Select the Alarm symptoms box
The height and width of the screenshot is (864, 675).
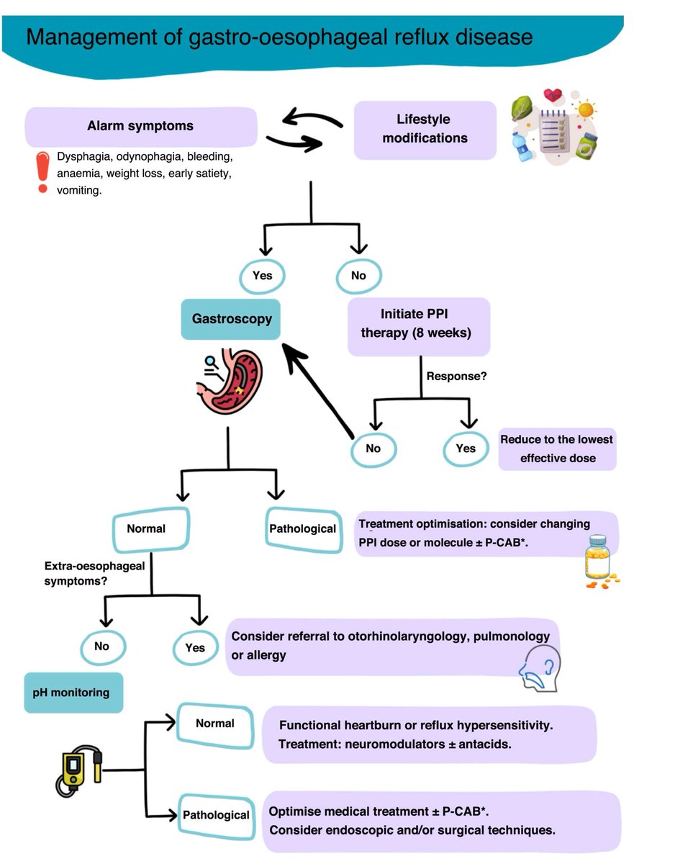(141, 126)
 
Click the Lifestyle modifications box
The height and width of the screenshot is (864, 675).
(425, 129)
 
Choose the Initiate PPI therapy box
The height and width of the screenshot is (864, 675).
(419, 326)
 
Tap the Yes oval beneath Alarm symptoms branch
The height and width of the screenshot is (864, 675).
(261, 275)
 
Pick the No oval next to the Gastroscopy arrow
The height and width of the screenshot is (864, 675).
(373, 448)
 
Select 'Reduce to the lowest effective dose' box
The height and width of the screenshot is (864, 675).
(557, 449)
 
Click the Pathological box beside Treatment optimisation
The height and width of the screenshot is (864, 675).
(302, 529)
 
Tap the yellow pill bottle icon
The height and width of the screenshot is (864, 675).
(598, 560)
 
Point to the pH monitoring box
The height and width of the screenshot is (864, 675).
(73, 693)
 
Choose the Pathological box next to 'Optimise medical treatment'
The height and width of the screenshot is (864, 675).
(216, 814)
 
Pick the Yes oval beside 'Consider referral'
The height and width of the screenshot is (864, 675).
(195, 647)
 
